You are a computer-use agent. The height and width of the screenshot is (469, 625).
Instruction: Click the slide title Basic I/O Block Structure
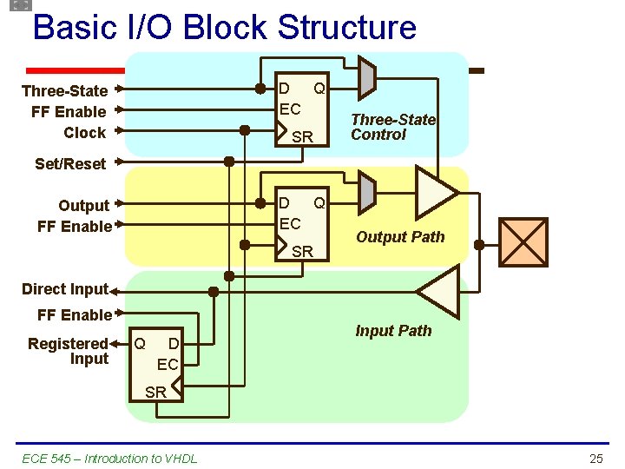click(x=224, y=27)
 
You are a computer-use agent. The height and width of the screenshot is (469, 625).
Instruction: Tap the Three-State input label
click(x=64, y=91)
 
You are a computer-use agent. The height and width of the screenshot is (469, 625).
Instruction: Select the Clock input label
click(x=84, y=133)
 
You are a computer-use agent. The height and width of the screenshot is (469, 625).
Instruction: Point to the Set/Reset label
click(x=70, y=163)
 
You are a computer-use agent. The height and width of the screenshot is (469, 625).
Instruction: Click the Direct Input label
click(x=64, y=289)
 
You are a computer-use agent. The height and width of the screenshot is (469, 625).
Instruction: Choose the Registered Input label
click(x=69, y=351)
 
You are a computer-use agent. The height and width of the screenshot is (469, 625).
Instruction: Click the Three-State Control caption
click(x=392, y=127)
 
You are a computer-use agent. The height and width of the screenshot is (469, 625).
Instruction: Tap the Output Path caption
click(x=400, y=237)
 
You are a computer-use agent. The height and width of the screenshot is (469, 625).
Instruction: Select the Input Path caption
click(x=393, y=331)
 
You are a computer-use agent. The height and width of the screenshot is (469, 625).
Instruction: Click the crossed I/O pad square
click(x=523, y=242)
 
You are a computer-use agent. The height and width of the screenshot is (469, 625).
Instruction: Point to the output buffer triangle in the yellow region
click(x=435, y=191)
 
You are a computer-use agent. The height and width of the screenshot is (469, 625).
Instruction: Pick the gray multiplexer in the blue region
click(x=366, y=77)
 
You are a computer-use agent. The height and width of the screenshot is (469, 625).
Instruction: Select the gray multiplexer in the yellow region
click(x=366, y=190)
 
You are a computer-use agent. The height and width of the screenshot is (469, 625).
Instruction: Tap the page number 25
click(x=595, y=458)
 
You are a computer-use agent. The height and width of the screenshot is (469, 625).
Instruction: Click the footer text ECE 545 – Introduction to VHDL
click(x=109, y=458)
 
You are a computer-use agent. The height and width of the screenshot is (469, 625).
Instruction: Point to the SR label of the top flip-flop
click(x=302, y=137)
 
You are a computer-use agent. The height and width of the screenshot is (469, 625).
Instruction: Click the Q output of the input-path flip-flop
click(x=139, y=344)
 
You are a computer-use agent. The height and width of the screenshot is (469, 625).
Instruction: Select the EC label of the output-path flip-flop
click(x=289, y=223)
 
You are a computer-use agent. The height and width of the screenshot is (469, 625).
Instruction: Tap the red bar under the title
click(x=75, y=70)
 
